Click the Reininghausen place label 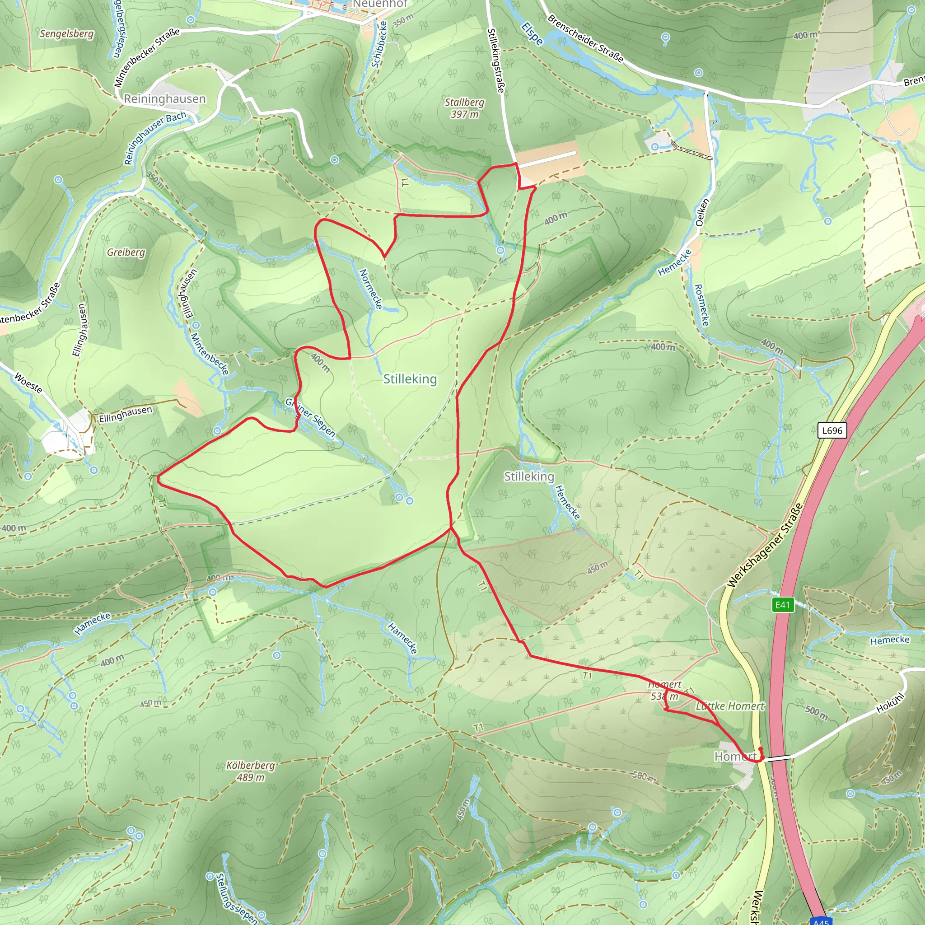(165, 98)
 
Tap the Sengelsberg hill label (66, 33)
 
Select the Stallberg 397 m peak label (464, 108)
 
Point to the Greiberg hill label (126, 252)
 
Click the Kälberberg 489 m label (250, 771)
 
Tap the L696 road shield (832, 430)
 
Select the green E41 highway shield (782, 605)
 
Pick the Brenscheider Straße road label (585, 38)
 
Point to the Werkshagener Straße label (765, 545)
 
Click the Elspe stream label (532, 33)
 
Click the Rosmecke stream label (701, 305)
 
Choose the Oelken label (701, 212)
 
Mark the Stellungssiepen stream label (236, 899)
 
